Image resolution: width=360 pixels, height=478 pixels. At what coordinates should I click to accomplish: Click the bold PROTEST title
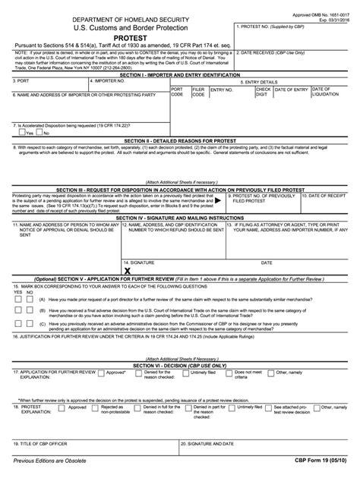coord(119,36)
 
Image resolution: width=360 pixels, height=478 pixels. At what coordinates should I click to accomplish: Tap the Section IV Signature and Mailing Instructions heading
coord(179,217)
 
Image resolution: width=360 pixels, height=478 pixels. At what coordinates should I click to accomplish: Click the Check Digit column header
coord(264,93)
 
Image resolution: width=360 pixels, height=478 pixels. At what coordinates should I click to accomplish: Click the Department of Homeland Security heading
coord(119,17)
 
